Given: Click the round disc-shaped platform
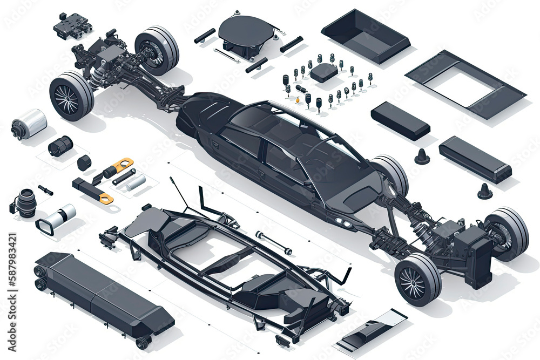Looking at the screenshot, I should [x=246, y=31].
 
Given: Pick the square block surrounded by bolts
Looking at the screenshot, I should [x=324, y=72].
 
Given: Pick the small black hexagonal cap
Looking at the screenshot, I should [x=84, y=161].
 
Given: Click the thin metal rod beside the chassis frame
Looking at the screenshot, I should [x=274, y=243].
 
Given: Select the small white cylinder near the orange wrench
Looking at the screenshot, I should [x=135, y=182].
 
